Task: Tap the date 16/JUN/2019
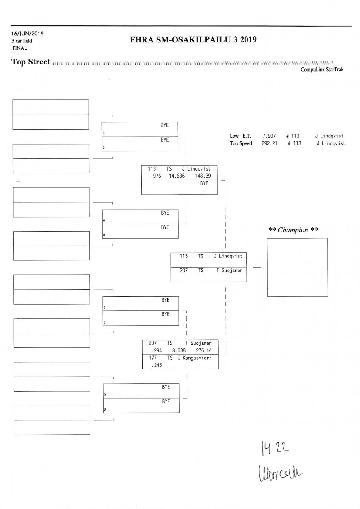(28, 34)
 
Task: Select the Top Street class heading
(31, 62)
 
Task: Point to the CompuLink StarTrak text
(322, 70)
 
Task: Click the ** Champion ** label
(293, 230)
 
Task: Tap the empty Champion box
(297, 267)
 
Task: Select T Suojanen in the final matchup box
(229, 270)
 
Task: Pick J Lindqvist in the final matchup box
(228, 256)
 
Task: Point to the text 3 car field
(22, 41)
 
